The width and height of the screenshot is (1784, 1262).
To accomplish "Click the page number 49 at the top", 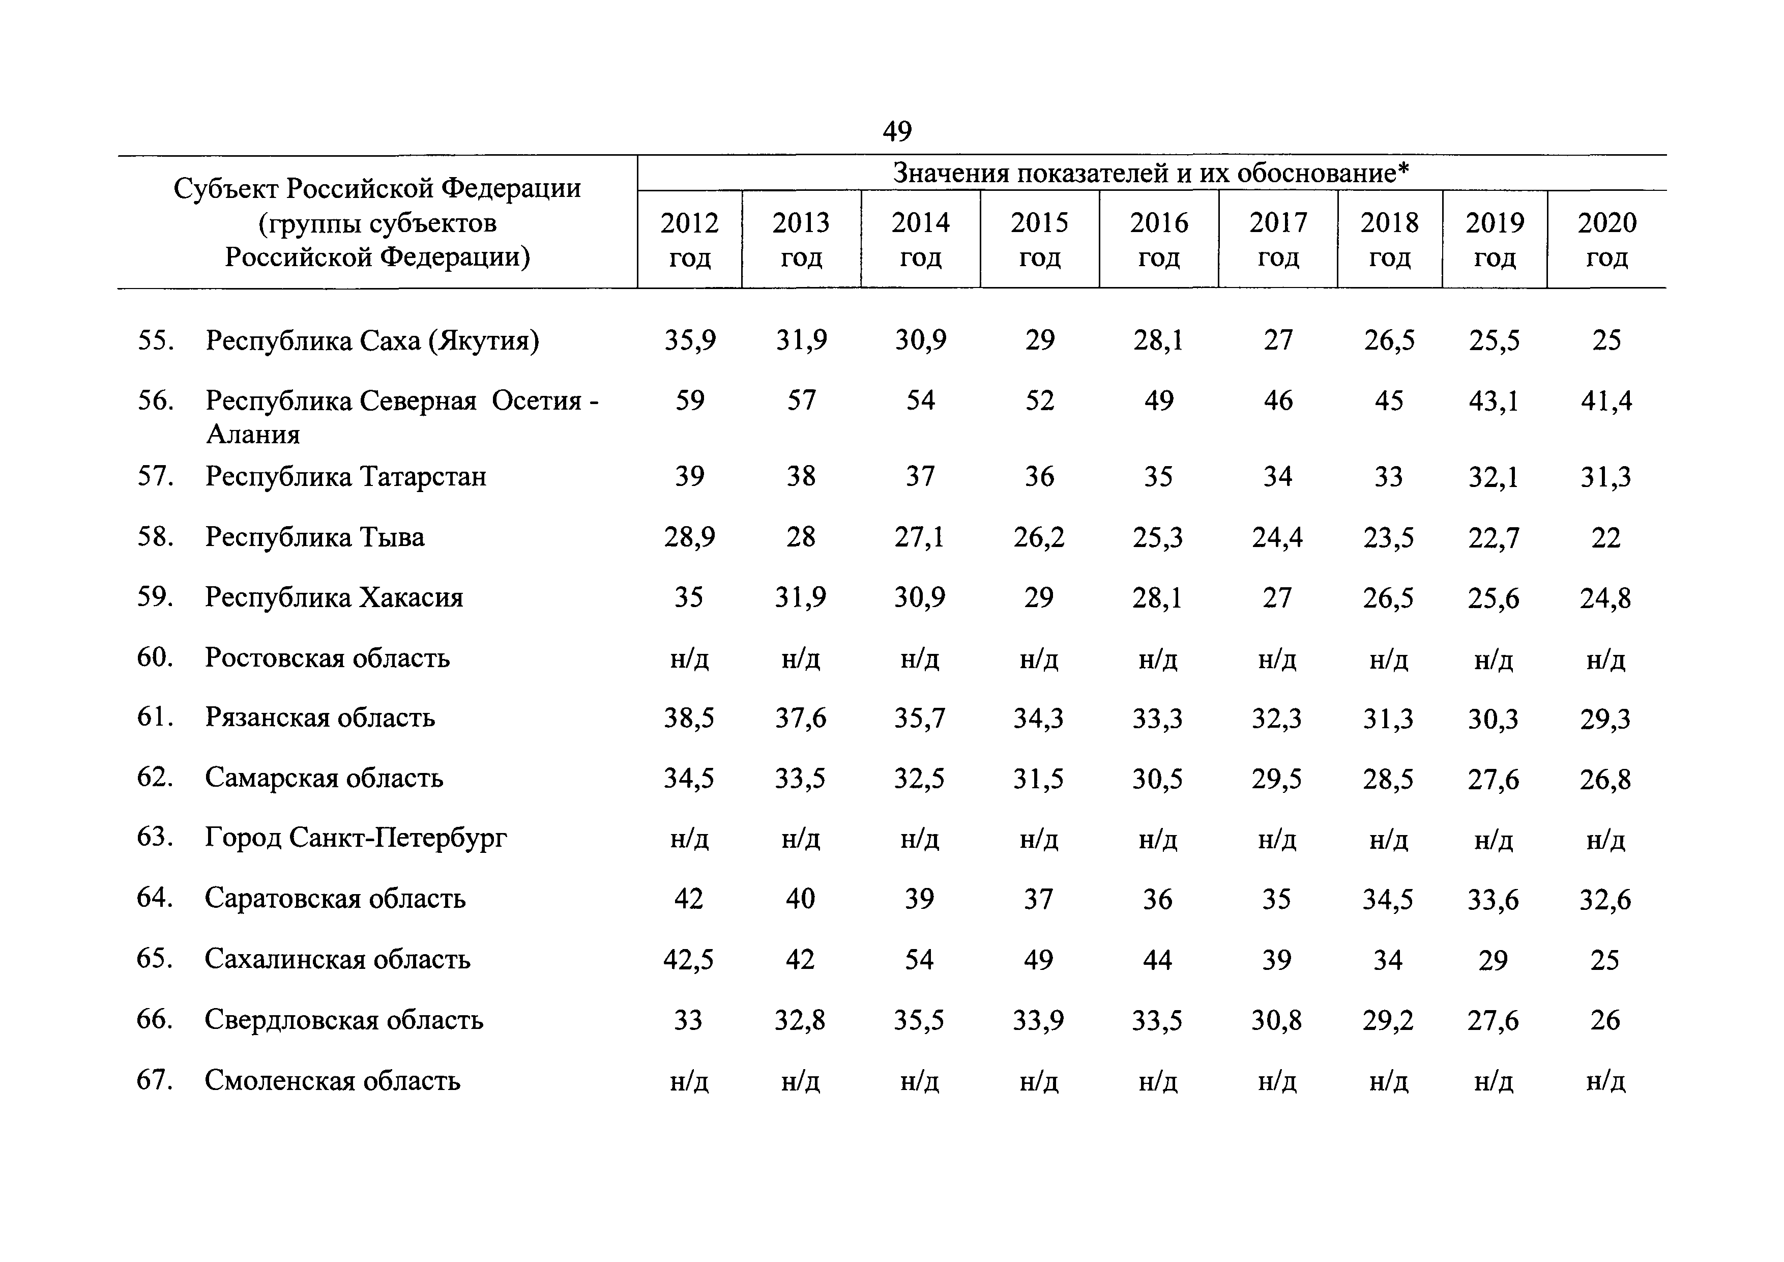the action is click(x=897, y=131).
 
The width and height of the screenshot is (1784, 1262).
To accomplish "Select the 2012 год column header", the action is click(x=689, y=239).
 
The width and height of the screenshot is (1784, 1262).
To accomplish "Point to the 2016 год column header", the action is click(x=1158, y=239).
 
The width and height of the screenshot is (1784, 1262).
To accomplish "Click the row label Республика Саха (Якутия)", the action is click(x=372, y=341).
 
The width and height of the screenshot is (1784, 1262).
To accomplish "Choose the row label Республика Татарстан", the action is click(x=346, y=476).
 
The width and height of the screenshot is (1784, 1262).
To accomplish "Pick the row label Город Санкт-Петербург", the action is click(x=356, y=838).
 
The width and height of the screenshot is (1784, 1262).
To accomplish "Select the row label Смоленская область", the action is click(x=333, y=1080).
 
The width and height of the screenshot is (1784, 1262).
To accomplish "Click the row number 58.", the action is click(x=155, y=537).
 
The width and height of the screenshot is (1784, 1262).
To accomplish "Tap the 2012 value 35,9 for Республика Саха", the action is click(x=690, y=340).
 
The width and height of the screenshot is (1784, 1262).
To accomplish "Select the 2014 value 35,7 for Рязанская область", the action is click(x=920, y=718).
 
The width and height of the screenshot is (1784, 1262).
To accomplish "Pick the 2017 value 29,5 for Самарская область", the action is click(x=1277, y=779).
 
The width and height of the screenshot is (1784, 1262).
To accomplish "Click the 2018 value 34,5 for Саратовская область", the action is click(x=1388, y=900).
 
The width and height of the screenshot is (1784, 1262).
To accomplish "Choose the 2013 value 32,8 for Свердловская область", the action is click(x=800, y=1020).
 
